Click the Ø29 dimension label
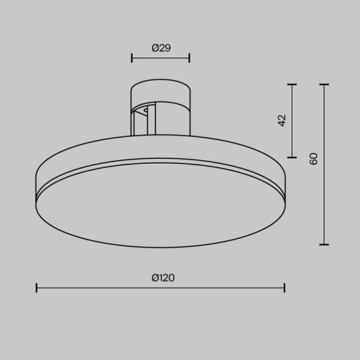pos(160,48)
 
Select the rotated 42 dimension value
pos(282,120)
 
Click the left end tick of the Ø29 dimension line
pos(132,58)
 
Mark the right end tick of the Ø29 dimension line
pos(189,58)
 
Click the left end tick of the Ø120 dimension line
pos(37,287)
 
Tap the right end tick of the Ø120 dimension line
pos(284,287)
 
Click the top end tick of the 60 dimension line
pos(324,85)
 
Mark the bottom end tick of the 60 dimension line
pos(324,244)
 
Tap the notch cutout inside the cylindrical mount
pos(146,112)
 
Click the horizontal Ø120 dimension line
pos(98,287)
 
